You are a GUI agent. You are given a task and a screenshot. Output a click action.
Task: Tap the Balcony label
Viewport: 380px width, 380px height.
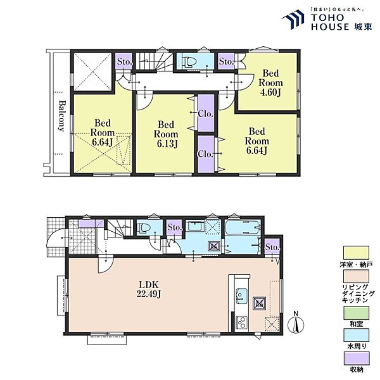coord(61,116)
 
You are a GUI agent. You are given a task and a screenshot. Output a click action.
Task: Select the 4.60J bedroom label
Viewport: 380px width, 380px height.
coord(270,83)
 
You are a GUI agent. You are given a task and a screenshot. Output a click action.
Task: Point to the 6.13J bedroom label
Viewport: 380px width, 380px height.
coord(166,134)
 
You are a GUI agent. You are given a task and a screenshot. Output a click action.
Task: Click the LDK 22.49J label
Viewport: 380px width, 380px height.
coord(149,289)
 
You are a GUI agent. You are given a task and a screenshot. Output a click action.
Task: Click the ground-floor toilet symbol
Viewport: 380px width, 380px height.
coord(144,228)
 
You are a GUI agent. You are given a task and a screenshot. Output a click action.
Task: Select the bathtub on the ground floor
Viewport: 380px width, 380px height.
coord(243,227)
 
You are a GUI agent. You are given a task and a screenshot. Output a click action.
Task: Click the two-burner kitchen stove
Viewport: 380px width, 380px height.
coord(241,322)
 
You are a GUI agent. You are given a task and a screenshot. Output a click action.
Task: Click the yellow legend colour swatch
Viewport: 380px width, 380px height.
coord(356,253)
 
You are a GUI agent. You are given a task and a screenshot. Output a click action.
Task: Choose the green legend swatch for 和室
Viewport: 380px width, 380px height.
coord(356,313)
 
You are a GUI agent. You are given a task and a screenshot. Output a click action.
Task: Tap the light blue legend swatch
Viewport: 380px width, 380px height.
coord(356,335)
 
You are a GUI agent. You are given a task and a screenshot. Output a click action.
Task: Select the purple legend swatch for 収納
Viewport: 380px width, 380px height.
coord(356,358)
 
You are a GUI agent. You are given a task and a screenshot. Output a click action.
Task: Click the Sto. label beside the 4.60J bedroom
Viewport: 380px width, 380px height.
coord(226,61)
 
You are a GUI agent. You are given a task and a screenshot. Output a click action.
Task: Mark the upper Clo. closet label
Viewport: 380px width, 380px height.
coord(205,113)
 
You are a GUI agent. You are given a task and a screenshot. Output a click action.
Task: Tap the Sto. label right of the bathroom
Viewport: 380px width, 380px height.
coord(272,247)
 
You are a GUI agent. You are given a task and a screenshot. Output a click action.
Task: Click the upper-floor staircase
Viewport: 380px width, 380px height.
coord(154,61)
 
